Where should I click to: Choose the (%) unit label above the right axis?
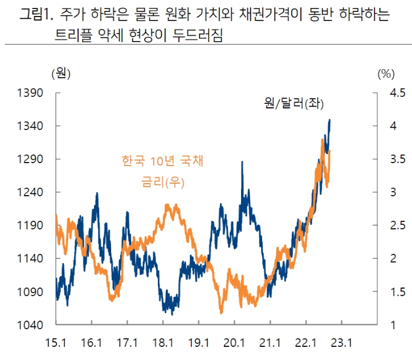385,72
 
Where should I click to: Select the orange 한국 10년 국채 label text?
162,161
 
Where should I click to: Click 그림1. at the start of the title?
35,15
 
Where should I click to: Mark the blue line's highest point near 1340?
330,120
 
